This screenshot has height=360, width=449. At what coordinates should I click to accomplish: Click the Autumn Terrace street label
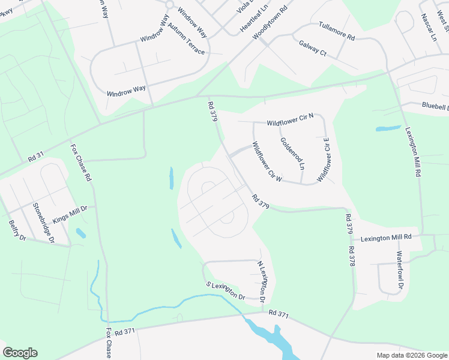(186, 39)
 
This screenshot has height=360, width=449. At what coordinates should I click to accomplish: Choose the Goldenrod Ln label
(293, 153)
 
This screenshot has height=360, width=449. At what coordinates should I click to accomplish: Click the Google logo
(20, 353)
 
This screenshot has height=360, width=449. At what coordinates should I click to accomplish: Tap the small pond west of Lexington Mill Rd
(388, 128)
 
